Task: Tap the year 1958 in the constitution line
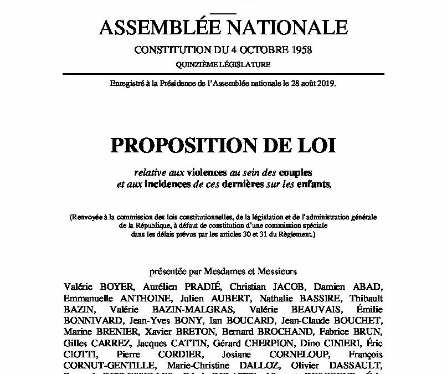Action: click(299, 50)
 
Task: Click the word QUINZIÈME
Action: click(198, 65)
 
